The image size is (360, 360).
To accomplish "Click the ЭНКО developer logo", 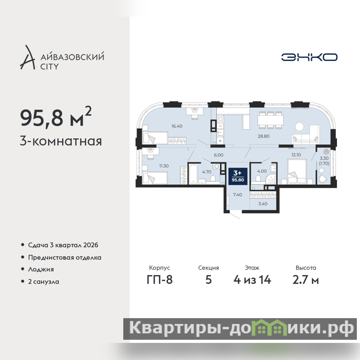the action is click(x=309, y=57).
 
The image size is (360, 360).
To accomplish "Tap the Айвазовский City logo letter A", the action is click(x=27, y=58).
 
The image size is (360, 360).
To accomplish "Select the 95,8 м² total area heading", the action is click(x=56, y=117).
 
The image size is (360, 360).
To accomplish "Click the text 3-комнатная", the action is click(x=61, y=141).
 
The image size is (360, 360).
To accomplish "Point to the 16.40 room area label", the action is click(x=177, y=126).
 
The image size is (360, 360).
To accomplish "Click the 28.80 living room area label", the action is click(x=264, y=136).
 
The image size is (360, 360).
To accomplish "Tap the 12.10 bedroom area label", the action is click(x=296, y=155).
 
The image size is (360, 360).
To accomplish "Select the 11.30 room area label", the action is click(x=164, y=166).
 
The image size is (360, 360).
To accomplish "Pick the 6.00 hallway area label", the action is click(x=219, y=155).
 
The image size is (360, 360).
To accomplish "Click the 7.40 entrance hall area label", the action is click(x=238, y=195).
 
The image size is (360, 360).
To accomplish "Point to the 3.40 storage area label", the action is click(x=263, y=204).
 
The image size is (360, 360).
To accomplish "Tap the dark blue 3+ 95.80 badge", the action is click(x=238, y=176).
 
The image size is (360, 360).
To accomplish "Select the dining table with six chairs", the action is click(x=270, y=120).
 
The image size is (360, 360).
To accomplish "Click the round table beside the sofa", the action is click(x=299, y=126).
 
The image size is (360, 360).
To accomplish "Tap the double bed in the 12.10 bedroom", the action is click(x=297, y=171).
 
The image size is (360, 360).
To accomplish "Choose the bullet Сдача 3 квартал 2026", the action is click(x=63, y=245).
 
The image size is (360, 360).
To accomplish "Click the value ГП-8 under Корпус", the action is click(x=160, y=279).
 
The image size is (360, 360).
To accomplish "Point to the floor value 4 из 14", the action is click(x=252, y=279).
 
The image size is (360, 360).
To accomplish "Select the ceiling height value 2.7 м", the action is click(x=306, y=279).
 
